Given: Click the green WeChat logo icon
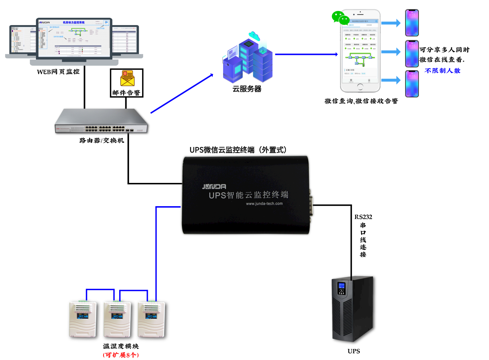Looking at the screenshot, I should pyautogui.click(x=340, y=18).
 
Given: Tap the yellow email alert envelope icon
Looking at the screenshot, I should pyautogui.click(x=128, y=78).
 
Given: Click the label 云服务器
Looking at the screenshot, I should pyautogui.click(x=247, y=89).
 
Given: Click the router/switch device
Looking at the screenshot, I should pyautogui.click(x=102, y=121).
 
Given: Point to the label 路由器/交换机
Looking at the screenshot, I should pyautogui.click(x=102, y=140).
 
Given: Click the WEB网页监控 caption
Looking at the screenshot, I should pyautogui.click(x=58, y=72).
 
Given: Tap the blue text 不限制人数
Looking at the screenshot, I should pyautogui.click(x=442, y=71).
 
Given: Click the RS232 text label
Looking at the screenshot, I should pyautogui.click(x=363, y=217).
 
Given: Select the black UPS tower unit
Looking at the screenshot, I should pyautogui.click(x=352, y=309).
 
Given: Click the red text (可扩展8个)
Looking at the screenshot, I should pyautogui.click(x=121, y=355).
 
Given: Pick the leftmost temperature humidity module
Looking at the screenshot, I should pyautogui.click(x=83, y=319).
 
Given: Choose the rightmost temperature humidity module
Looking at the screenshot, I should pyautogui.click(x=151, y=319).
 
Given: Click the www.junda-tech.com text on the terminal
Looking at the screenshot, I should pyautogui.click(x=264, y=204).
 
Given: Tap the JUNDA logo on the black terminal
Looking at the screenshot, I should pyautogui.click(x=214, y=187).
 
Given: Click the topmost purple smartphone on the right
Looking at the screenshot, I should pyautogui.click(x=412, y=23).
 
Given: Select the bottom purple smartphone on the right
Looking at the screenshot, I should pyautogui.click(x=412, y=84).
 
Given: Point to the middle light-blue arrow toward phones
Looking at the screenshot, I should pyautogui.click(x=391, y=52).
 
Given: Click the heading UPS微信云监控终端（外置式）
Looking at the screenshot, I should pyautogui.click(x=238, y=150).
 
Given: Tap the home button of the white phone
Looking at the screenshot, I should pyautogui.click(x=360, y=87).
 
